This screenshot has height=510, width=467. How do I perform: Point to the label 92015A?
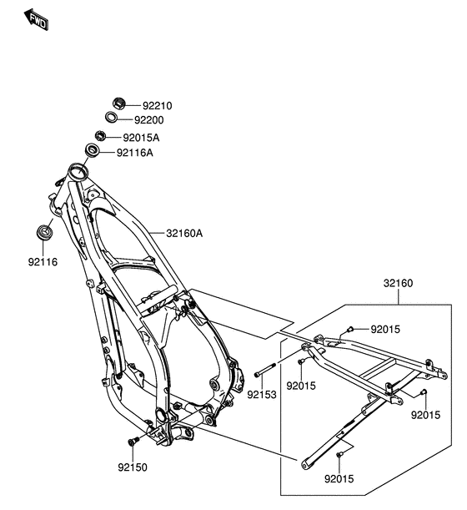[x=142, y=138]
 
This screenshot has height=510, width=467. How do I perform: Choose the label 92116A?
[x=135, y=153]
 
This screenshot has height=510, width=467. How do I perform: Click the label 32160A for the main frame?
[x=184, y=234]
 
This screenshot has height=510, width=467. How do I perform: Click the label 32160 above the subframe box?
[x=399, y=284]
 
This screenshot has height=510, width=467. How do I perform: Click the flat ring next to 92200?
[x=113, y=118]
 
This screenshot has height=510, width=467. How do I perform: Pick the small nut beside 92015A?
[x=100, y=136]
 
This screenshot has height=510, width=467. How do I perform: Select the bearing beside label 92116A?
[x=91, y=151]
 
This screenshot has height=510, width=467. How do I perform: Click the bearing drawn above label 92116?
[x=44, y=230]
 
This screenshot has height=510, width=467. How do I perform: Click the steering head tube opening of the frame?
[x=78, y=173]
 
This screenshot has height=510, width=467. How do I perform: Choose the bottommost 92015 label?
[x=339, y=480]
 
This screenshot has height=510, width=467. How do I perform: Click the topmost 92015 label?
[x=385, y=330]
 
